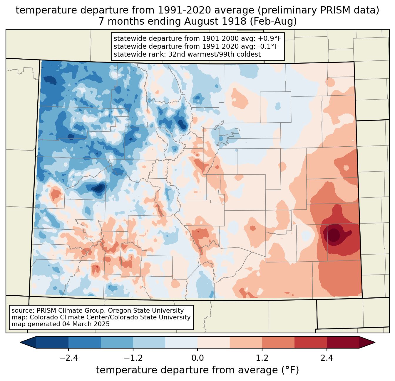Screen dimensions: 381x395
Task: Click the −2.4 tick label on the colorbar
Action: click(68, 358)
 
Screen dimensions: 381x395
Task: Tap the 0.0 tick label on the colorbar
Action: click(197, 358)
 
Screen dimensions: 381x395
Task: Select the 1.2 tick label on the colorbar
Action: click(262, 358)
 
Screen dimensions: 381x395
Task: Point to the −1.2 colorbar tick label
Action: click(133, 358)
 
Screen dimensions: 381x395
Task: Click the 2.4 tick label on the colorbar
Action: click(327, 358)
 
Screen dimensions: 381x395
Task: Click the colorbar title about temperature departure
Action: click(197, 370)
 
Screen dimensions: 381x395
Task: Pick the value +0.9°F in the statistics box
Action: click(269, 39)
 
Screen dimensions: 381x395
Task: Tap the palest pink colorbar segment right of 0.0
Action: click(214, 342)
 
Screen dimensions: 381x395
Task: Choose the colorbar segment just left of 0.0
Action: click(181, 342)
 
